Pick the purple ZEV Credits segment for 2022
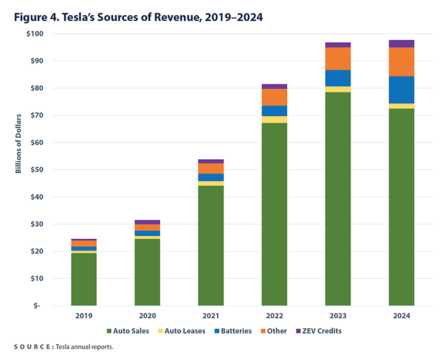[x=274, y=86]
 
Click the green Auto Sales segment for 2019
[x=84, y=279]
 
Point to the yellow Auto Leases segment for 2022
[x=274, y=119]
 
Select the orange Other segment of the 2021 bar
[x=211, y=168]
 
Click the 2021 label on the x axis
[x=211, y=316]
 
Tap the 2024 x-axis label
[x=401, y=316]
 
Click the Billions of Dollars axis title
[x=18, y=143]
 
